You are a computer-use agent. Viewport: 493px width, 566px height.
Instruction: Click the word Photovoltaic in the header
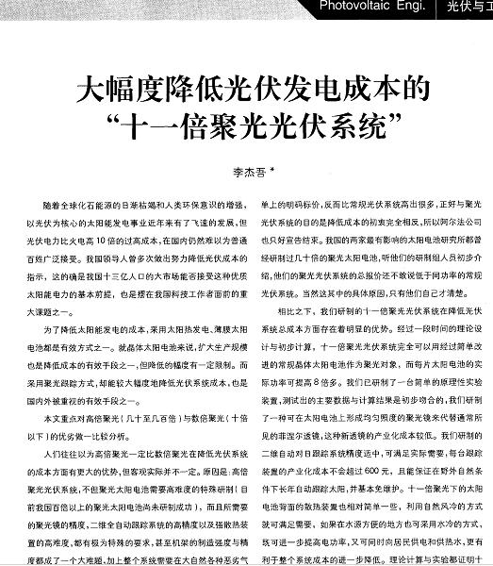(360, 8)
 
